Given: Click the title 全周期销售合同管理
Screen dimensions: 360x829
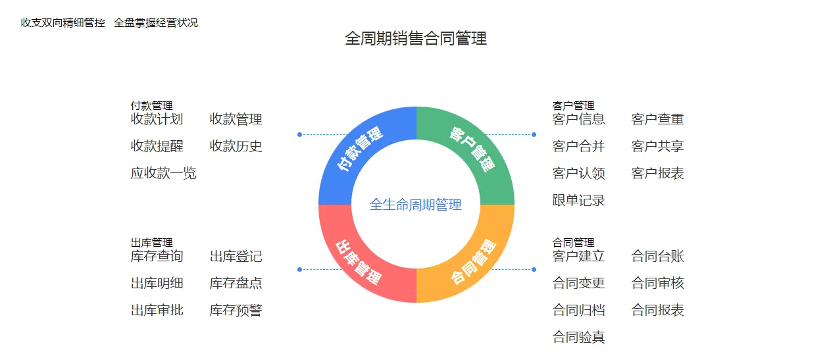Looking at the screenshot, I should (x=416, y=38).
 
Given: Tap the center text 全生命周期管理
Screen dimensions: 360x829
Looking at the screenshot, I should (x=416, y=205).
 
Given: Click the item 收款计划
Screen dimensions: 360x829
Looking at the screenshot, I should (x=157, y=119).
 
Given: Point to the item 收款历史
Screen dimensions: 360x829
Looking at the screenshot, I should (x=236, y=146).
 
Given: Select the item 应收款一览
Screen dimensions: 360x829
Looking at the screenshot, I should (x=164, y=173).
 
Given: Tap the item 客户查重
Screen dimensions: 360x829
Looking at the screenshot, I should (x=658, y=119).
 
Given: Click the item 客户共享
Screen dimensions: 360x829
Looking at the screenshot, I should (x=658, y=146).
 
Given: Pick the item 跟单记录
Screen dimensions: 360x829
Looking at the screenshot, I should (x=579, y=200).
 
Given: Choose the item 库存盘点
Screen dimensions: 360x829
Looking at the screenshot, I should (x=236, y=283).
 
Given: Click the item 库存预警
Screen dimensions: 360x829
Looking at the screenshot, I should (x=236, y=310).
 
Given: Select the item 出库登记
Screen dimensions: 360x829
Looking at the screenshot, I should (x=236, y=256).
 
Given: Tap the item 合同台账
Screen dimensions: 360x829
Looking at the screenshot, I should (x=658, y=256).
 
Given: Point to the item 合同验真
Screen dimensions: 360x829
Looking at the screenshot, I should (x=579, y=338).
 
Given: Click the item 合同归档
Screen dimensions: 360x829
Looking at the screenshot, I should (x=579, y=310).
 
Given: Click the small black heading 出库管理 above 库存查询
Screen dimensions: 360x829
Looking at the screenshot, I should (x=152, y=243).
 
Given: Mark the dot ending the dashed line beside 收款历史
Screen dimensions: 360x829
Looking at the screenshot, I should (x=299, y=135).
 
